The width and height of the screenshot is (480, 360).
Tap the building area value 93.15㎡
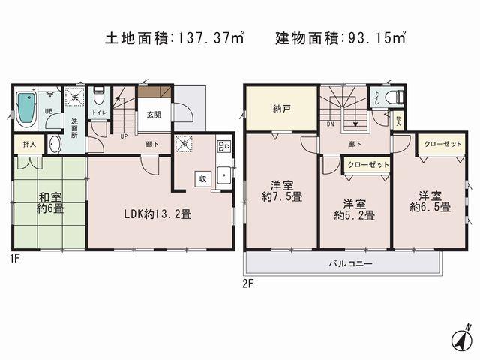click(x=375, y=36)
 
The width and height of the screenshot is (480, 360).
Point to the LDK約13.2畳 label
click(x=157, y=214)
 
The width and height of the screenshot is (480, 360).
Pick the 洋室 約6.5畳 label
click(x=430, y=200)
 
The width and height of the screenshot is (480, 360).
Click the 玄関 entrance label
click(x=154, y=115)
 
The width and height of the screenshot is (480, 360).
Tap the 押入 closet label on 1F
click(x=29, y=144)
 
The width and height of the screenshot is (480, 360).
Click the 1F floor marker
click(x=14, y=259)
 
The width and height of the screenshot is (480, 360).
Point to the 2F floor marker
click(x=248, y=283)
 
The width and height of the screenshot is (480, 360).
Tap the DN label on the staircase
click(x=330, y=127)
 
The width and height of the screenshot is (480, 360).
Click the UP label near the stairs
click(x=123, y=136)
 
